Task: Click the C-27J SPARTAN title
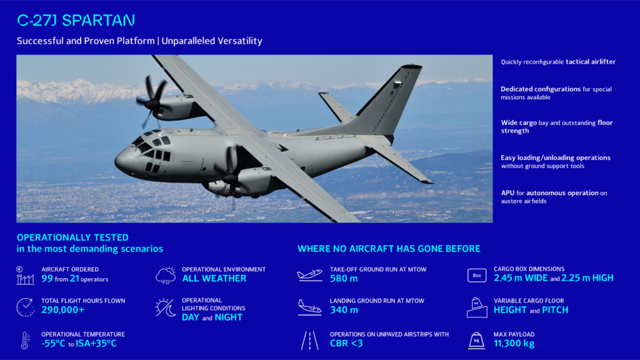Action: tap(76, 21)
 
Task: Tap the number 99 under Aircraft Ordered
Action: tap(47, 279)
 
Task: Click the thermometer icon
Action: tap(25, 340)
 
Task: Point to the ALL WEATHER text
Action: tap(214, 279)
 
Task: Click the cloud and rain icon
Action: tap(166, 275)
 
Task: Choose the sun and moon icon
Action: tap(166, 307)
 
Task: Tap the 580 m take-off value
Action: tap(344, 279)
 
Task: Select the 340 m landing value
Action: tap(344, 310)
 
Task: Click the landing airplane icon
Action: tap(310, 306)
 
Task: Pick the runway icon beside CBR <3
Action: tap(310, 340)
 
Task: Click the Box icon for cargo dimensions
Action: tap(477, 274)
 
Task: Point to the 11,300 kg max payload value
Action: tap(514, 343)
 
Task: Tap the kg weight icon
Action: tap(477, 340)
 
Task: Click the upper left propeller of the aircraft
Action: tap(152, 100)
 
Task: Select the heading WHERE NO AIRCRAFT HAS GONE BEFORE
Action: tap(389, 249)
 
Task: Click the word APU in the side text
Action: tap(507, 193)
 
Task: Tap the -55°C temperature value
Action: tap(54, 343)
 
